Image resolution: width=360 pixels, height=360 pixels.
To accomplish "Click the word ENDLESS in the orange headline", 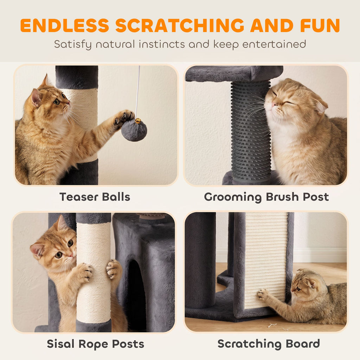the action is pyautogui.click(x=65, y=25).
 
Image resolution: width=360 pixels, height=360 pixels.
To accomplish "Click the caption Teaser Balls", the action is pyautogui.click(x=95, y=197).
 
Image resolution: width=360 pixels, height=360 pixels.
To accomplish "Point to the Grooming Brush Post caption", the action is pyautogui.click(x=266, y=197).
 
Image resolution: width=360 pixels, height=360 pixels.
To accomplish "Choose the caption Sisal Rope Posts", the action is pyautogui.click(x=96, y=344).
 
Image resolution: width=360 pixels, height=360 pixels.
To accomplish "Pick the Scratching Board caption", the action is pyautogui.click(x=269, y=344).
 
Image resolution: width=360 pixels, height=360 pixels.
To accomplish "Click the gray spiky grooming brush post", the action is pyautogui.click(x=250, y=131).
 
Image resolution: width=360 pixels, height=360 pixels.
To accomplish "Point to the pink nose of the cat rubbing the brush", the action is pyautogui.click(x=274, y=105).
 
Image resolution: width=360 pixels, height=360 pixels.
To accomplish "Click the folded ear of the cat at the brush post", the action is pyautogui.click(x=321, y=105).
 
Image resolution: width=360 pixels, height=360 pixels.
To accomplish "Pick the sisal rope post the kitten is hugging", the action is pyautogui.click(x=94, y=272).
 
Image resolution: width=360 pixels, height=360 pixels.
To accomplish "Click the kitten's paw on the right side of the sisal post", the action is pyautogui.click(x=114, y=269).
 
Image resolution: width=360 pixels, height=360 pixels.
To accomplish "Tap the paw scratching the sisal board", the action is pyautogui.click(x=264, y=295).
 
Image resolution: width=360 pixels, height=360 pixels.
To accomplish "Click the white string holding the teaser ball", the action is pyautogui.click(x=137, y=92).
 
